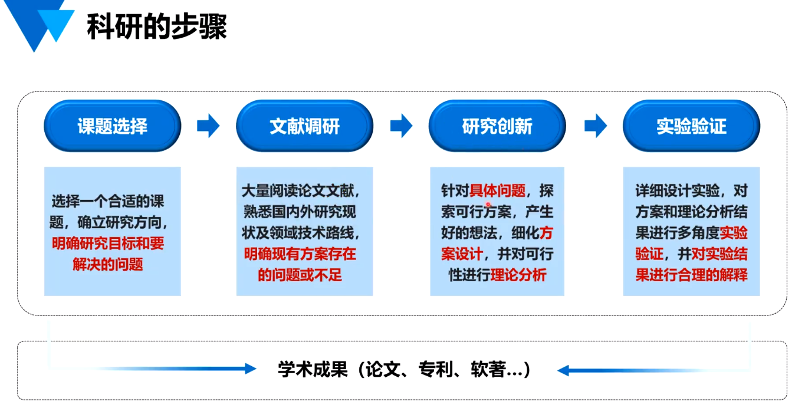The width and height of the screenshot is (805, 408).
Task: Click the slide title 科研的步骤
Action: tap(157, 27)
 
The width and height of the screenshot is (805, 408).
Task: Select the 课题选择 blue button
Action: tap(113, 126)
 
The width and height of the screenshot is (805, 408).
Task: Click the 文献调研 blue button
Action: tap(304, 126)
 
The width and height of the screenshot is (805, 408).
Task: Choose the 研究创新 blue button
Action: tap(497, 126)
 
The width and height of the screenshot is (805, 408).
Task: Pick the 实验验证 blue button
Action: tap(691, 126)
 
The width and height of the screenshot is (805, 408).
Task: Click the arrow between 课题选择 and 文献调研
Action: tap(208, 126)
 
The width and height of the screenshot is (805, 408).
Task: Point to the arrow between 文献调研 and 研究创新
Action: tap(401, 126)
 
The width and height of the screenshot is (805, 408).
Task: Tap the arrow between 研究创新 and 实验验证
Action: tap(595, 126)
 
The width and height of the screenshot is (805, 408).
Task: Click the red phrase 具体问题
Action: tap(497, 191)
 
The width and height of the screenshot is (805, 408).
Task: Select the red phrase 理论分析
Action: tap(518, 275)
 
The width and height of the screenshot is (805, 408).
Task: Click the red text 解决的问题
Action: tap(108, 264)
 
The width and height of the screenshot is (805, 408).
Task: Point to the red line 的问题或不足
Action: tap(300, 275)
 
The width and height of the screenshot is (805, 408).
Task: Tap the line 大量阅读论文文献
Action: tap(300, 191)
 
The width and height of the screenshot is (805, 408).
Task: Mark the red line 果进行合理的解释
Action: tap(691, 275)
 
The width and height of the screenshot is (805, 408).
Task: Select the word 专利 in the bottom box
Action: tap(435, 370)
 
